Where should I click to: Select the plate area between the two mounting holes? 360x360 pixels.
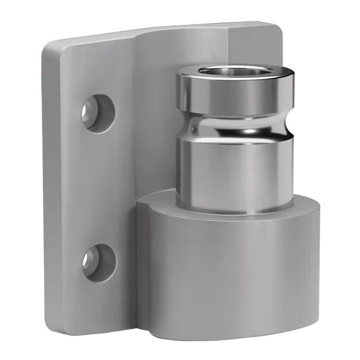[x=97, y=186]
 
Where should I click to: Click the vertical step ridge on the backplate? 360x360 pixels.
[x=137, y=118]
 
